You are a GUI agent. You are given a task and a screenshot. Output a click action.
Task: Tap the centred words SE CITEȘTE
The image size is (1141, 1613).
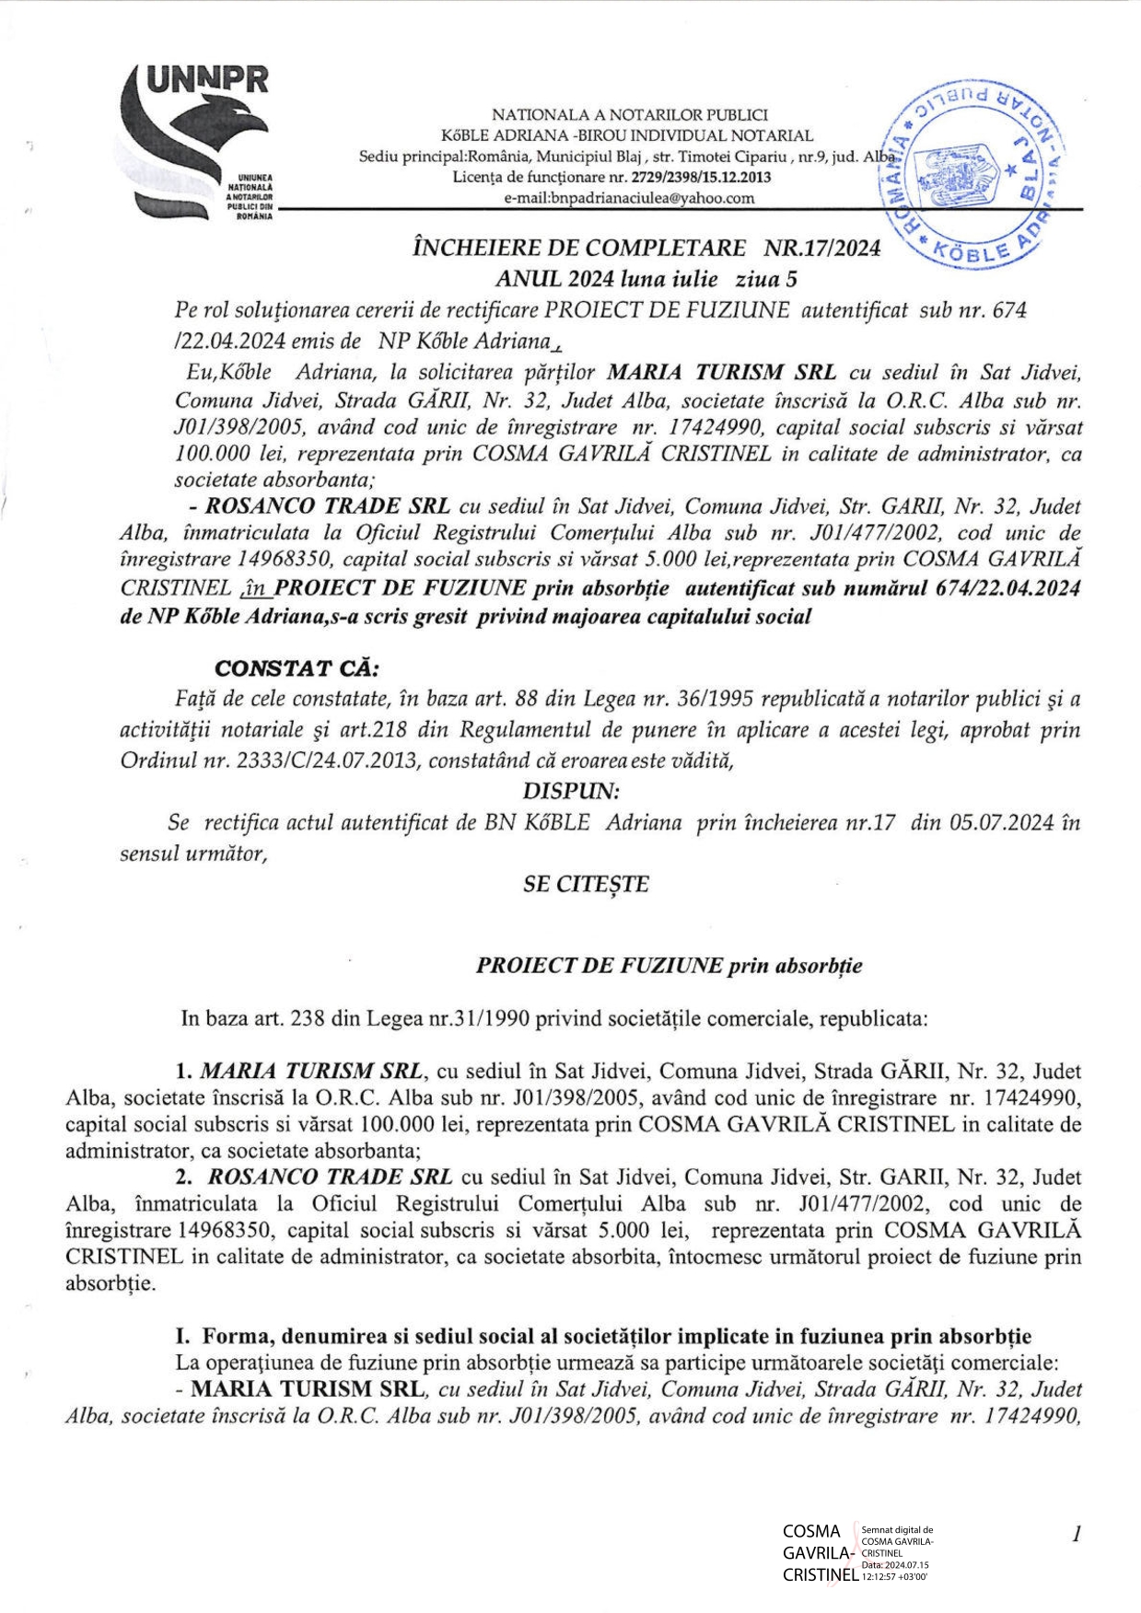586,884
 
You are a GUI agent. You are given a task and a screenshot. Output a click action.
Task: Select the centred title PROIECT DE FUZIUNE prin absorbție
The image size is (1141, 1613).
669,966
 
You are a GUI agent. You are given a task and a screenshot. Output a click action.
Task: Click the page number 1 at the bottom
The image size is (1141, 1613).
1075,1533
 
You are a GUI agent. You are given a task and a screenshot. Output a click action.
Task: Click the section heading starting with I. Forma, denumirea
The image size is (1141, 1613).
603,1336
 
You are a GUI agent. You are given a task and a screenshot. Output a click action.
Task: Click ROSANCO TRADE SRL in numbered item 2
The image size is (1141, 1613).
330,1177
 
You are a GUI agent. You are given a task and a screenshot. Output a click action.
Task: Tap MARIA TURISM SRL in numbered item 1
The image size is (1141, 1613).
311,1072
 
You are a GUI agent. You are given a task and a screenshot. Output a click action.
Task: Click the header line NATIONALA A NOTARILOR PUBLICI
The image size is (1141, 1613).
629,115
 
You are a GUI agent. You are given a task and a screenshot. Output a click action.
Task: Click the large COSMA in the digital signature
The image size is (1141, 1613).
811,1532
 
